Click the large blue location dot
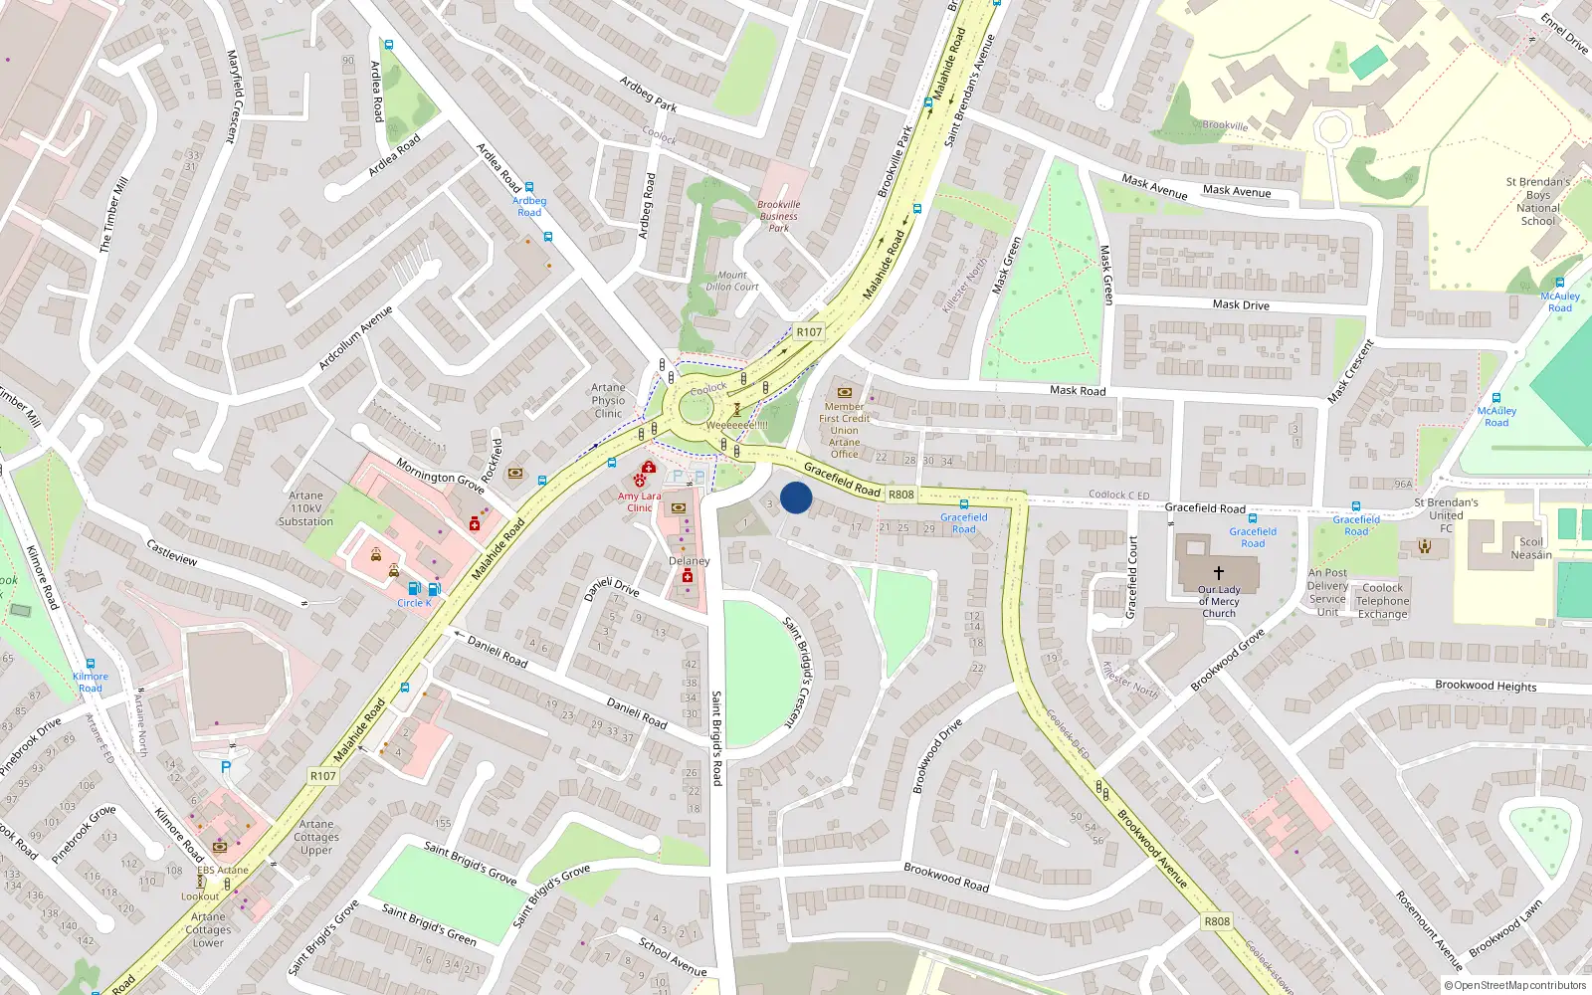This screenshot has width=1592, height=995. (796, 497)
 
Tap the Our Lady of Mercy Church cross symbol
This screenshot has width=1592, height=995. (1218, 573)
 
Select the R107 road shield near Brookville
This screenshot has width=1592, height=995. (809, 332)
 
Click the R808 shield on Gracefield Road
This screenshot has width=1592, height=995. (901, 495)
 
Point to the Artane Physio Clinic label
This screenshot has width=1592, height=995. (608, 401)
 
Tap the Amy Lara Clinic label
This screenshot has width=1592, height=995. (639, 501)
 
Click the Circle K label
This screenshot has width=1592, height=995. (414, 603)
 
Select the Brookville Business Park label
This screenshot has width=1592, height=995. (779, 216)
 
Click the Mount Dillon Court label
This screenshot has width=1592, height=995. (732, 281)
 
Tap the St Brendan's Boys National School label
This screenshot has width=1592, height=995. (1538, 201)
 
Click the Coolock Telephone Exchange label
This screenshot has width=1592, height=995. (1383, 601)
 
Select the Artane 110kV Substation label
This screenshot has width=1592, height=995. (305, 508)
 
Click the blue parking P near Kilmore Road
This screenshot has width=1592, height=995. (226, 767)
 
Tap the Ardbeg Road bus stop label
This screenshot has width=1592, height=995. (529, 206)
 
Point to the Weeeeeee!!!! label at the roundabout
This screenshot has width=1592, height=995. (736, 425)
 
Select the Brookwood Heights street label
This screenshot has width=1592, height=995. (1486, 686)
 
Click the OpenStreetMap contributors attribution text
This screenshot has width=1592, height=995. (1520, 986)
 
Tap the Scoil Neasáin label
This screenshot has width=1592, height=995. (1531, 548)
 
